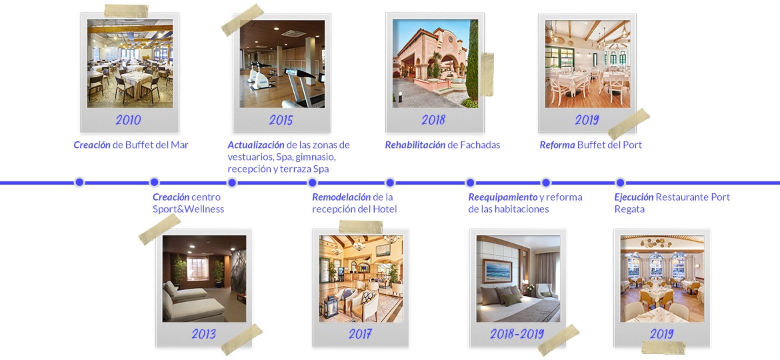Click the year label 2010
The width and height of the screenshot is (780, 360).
[x=128, y=120]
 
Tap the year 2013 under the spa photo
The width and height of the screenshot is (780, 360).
[x=203, y=333]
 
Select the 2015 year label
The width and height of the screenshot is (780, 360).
[x=281, y=120]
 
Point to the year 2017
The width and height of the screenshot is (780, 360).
[x=360, y=333]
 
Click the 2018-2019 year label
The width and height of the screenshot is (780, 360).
[x=517, y=333]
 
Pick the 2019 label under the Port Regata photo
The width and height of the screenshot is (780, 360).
[x=661, y=333]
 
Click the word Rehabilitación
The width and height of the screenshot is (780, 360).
[x=415, y=145]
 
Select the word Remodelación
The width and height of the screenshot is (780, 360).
[x=341, y=197]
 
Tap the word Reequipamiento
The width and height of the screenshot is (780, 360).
[x=503, y=197]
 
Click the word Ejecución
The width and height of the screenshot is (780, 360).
[x=633, y=197]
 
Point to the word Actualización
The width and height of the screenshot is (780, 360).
[x=256, y=145]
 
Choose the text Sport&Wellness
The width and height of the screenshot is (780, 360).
[x=188, y=209]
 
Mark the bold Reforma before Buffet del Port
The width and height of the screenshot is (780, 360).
[x=557, y=145]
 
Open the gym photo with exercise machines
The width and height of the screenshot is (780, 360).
[x=282, y=64]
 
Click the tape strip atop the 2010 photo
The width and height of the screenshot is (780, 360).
[x=127, y=11]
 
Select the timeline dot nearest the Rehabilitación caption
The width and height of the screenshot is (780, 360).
[x=390, y=182]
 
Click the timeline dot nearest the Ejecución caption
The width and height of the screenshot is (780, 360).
[x=620, y=182]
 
